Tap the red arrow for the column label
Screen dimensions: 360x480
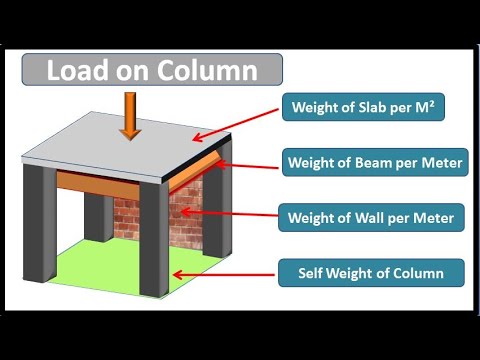click(x=221, y=270)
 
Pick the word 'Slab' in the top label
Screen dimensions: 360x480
click(x=370, y=107)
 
